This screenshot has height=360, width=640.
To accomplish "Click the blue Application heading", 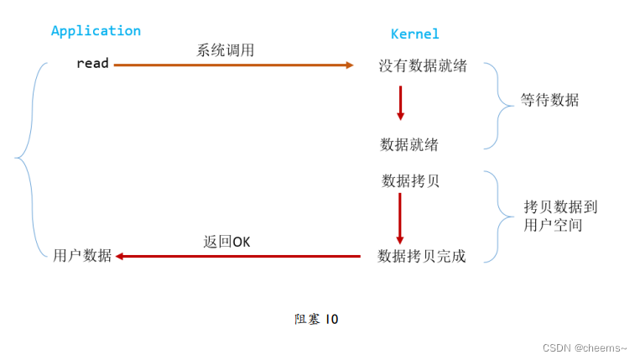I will [96, 31].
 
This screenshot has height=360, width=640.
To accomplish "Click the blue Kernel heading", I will [414, 34].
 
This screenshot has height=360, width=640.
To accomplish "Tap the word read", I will [92, 63].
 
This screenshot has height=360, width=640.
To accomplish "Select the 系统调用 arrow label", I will [225, 50].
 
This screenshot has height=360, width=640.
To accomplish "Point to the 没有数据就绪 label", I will [422, 65].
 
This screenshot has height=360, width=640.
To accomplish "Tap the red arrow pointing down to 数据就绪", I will [400, 102].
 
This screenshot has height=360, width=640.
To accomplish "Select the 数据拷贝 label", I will [410, 180].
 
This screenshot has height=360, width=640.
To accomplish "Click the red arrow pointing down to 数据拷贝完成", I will [400, 217].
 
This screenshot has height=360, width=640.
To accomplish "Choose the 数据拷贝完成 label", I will [421, 256].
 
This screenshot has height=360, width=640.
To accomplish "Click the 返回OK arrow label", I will [226, 242].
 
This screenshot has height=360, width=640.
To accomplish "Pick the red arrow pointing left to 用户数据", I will [238, 256].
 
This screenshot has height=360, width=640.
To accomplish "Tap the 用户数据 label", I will [82, 256].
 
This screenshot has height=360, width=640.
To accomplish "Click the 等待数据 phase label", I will [549, 101].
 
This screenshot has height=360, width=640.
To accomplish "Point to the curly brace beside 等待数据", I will [497, 105].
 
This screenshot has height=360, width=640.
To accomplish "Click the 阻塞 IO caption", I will [316, 319].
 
